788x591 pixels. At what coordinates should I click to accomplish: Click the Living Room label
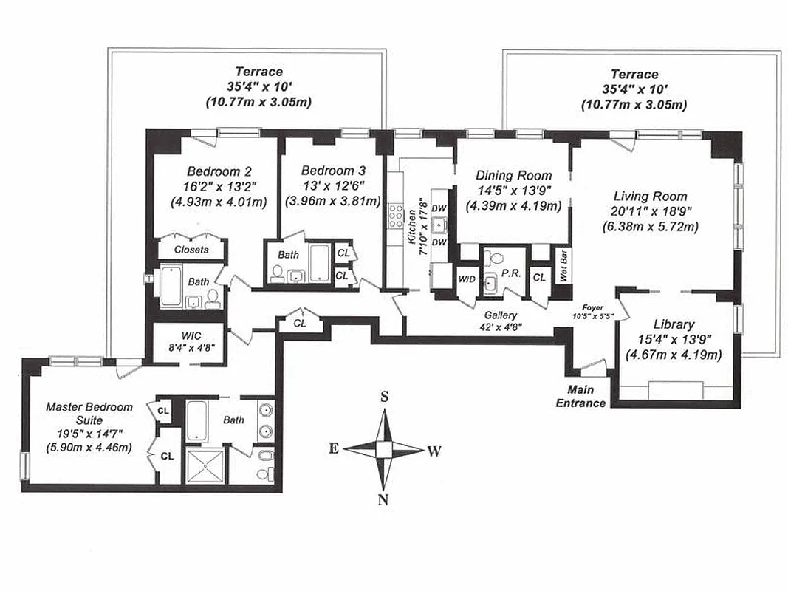point(650,197)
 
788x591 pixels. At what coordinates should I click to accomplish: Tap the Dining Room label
point(513,176)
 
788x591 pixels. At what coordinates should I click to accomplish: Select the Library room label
point(674,324)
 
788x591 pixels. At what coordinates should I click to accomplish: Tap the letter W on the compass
point(434,451)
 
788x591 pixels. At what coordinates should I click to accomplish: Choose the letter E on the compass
point(334,448)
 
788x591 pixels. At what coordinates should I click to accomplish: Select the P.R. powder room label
point(510,273)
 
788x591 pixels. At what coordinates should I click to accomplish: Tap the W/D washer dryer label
point(467,279)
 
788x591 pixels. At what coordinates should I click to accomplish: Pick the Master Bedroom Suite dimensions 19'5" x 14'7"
point(89,434)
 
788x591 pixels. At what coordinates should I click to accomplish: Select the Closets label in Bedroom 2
point(191,250)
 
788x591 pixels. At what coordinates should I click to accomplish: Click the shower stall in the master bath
point(203,466)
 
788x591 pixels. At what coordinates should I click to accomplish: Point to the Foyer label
point(592,306)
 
